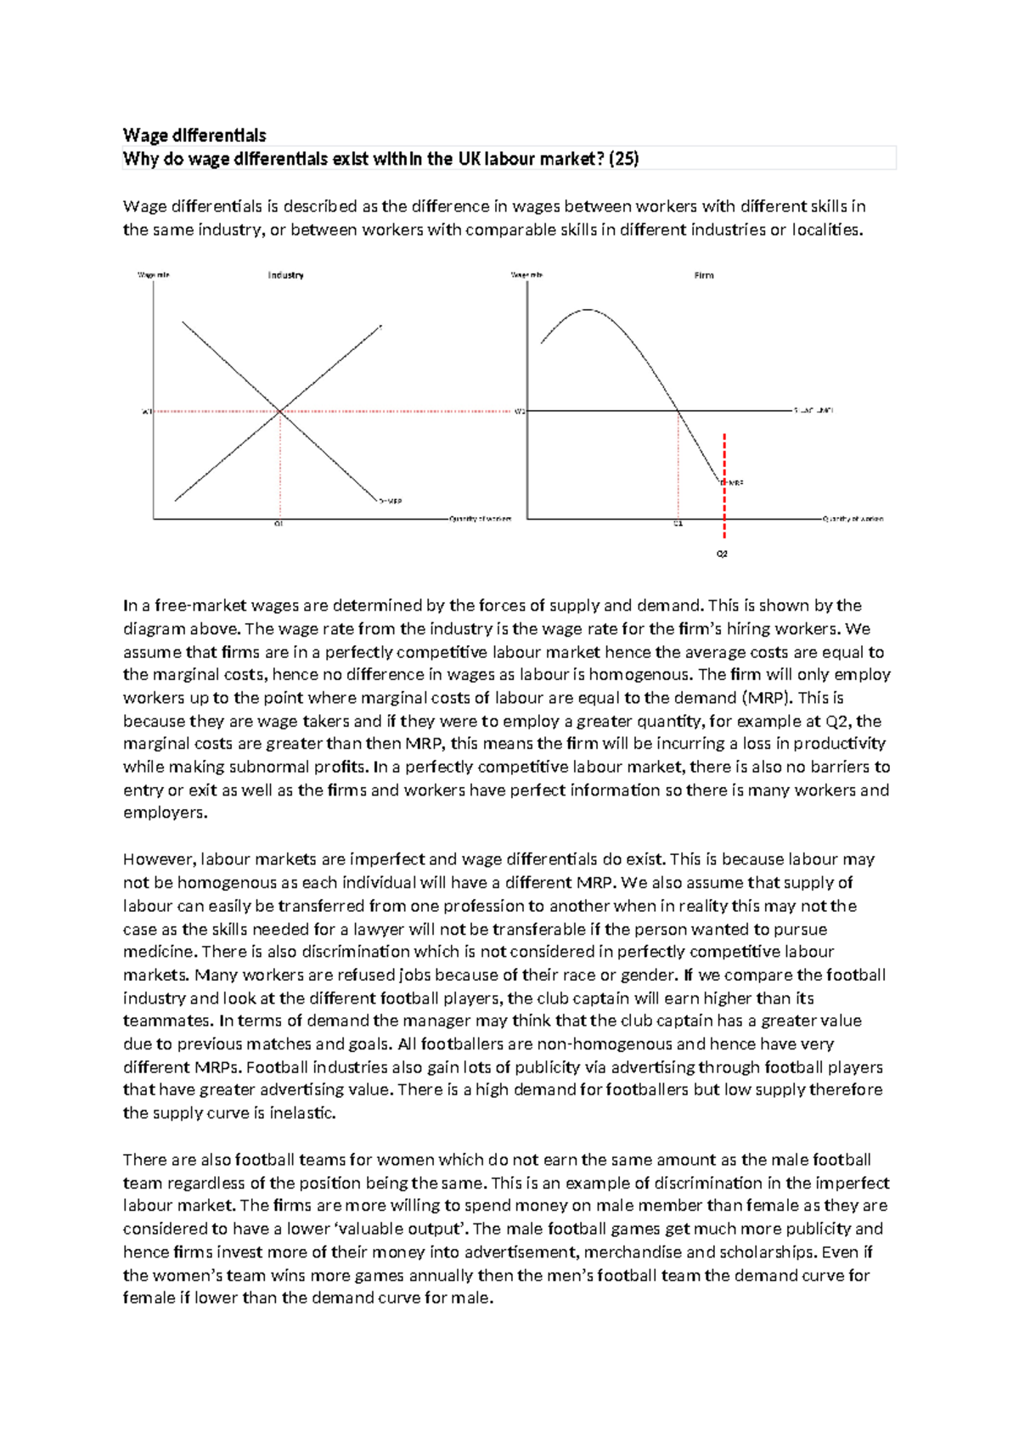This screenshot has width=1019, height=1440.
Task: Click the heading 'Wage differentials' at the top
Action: (194, 135)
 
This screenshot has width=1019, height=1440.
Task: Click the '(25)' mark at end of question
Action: (624, 158)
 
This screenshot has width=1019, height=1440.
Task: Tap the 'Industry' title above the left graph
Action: (285, 275)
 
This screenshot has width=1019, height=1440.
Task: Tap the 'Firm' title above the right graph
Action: (704, 275)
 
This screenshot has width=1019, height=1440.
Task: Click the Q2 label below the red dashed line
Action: (722, 554)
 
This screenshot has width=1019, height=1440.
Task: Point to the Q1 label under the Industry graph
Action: (278, 524)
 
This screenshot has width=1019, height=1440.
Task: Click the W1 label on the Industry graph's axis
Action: (145, 412)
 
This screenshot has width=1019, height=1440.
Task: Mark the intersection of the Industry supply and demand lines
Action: (279, 412)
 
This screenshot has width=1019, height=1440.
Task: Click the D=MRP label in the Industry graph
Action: (390, 501)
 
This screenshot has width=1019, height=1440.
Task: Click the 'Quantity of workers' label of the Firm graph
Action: (853, 519)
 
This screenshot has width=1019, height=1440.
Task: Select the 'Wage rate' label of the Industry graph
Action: (154, 275)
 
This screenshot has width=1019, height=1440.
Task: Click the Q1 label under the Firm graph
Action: (678, 524)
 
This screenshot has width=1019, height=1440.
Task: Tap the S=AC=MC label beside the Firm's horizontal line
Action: (814, 410)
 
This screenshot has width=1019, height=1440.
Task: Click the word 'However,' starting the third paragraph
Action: (159, 859)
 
